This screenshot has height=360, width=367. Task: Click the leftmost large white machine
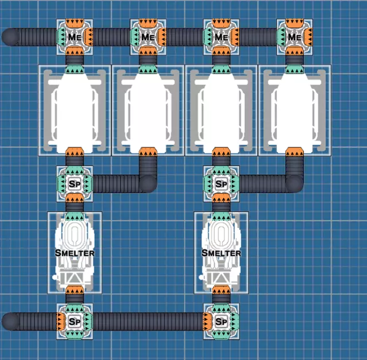click(74, 110)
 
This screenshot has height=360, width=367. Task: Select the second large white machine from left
click(148, 110)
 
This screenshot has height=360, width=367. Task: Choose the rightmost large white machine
click(295, 110)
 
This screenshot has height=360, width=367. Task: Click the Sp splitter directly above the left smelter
click(74, 184)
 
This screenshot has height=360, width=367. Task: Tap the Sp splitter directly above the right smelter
click(221, 184)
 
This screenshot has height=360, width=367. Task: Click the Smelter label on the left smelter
click(75, 252)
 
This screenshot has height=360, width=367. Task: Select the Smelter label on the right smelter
click(221, 252)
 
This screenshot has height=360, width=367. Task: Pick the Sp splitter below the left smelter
click(74, 321)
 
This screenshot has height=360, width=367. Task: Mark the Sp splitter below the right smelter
click(221, 321)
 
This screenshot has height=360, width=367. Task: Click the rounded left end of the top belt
click(10, 37)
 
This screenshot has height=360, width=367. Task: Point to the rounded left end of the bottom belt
click(10, 321)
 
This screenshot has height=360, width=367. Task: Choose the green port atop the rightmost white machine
click(295, 69)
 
